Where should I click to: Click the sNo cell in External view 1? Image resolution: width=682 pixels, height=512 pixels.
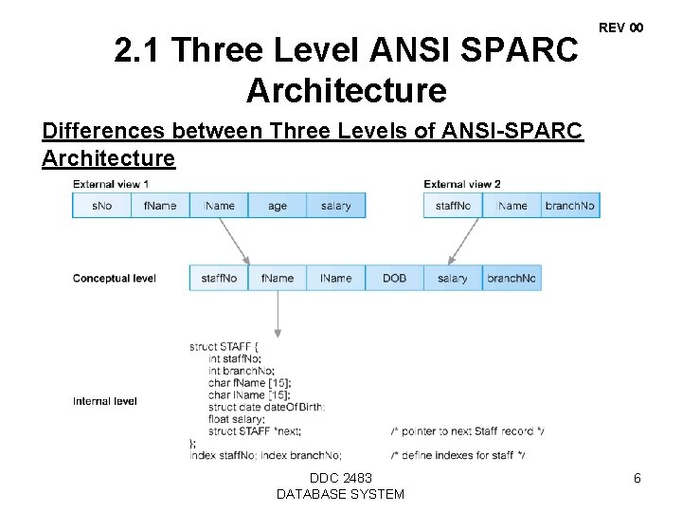(101, 206)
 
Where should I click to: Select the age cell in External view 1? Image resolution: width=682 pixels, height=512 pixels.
(278, 206)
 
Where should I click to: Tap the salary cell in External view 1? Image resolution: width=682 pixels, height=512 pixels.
(335, 206)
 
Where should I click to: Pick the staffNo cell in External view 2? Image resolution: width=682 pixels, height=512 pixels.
(453, 206)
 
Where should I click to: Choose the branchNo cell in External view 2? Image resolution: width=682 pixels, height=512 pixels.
(569, 206)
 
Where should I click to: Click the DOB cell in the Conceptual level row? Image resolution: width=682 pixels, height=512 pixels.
(394, 278)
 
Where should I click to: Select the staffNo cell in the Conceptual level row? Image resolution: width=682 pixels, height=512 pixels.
(219, 278)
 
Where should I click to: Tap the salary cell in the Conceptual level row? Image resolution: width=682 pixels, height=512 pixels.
(453, 278)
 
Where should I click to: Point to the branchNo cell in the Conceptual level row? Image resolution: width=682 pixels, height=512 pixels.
(511, 278)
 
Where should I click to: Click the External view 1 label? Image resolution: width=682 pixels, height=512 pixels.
(111, 184)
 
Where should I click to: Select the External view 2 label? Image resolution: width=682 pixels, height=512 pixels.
(462, 184)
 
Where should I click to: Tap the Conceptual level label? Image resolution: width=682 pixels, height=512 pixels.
(114, 278)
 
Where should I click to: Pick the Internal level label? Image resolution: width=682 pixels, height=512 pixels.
(104, 401)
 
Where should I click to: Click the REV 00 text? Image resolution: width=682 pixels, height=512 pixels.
(621, 28)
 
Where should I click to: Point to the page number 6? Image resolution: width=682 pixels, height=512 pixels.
(637, 479)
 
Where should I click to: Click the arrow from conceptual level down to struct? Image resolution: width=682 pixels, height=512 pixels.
(278, 313)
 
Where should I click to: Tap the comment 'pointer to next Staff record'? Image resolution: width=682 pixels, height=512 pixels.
(467, 431)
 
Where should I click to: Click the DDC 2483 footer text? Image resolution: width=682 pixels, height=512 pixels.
(340, 478)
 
